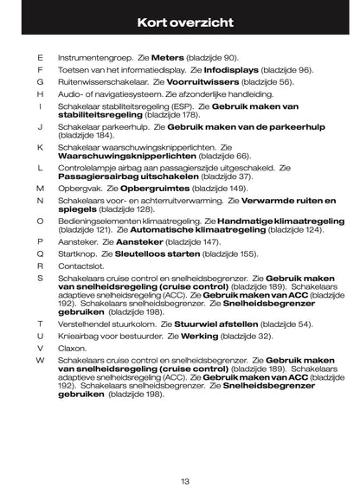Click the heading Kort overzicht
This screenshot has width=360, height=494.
180,19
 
